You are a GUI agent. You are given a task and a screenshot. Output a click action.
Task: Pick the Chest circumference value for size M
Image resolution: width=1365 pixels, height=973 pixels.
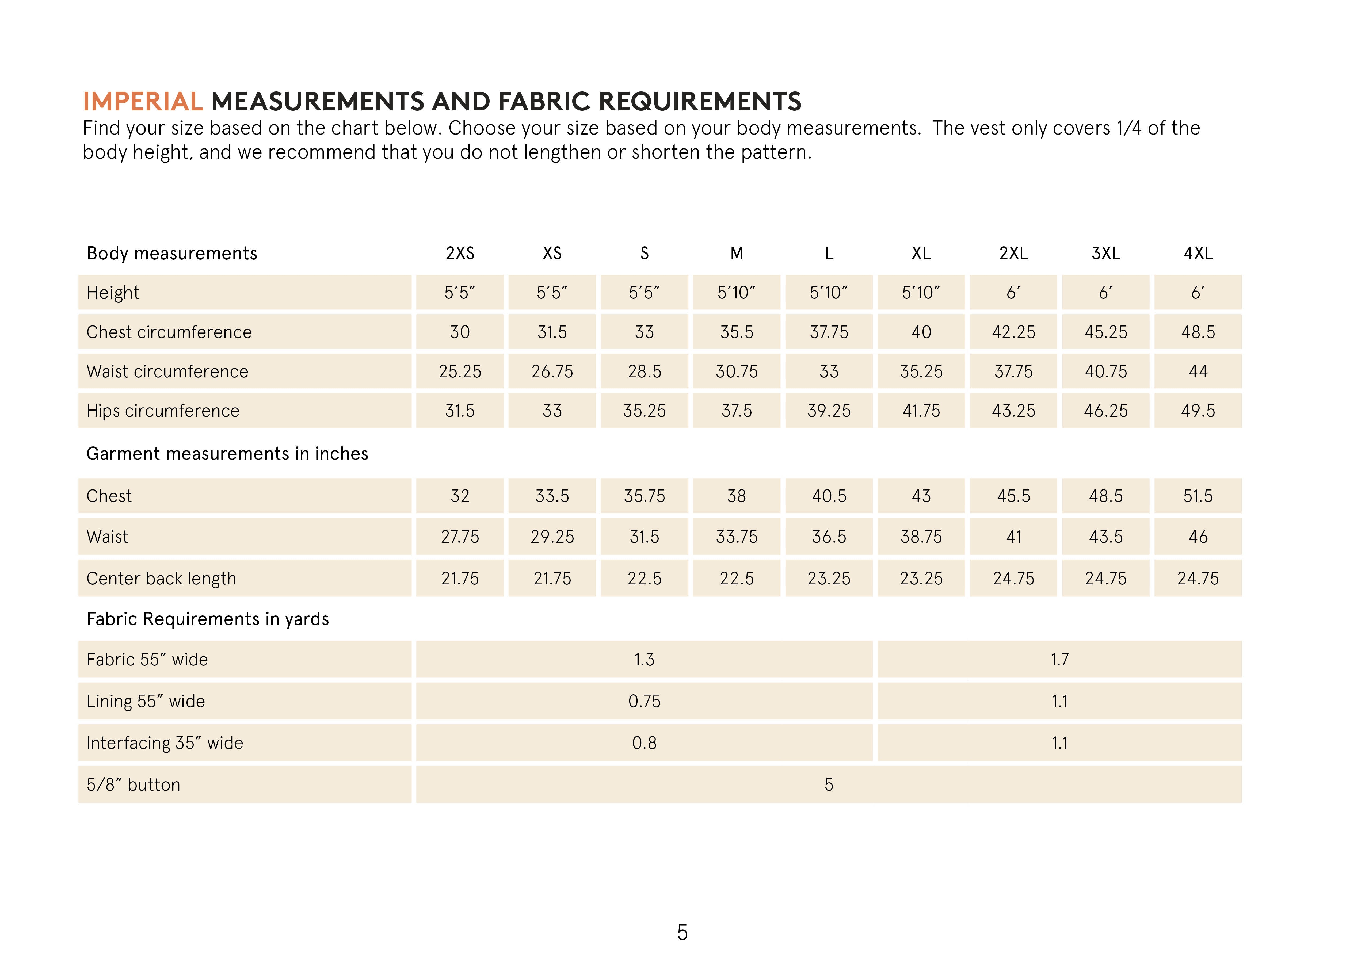tap(737, 332)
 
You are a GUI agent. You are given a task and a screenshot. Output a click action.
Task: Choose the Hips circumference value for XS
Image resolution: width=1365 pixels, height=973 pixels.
tap(552, 411)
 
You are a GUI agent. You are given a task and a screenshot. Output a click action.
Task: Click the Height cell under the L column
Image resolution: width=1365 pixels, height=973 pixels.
tap(829, 293)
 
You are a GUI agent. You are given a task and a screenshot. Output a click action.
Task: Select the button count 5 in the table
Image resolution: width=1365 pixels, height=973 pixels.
tap(829, 785)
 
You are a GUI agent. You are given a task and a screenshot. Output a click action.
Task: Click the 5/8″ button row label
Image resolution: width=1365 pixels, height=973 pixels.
tap(133, 785)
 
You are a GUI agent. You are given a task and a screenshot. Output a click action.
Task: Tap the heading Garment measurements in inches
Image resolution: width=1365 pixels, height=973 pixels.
tap(227, 454)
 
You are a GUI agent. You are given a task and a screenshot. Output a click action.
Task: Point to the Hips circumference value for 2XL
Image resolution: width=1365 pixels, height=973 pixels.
tap(1013, 411)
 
